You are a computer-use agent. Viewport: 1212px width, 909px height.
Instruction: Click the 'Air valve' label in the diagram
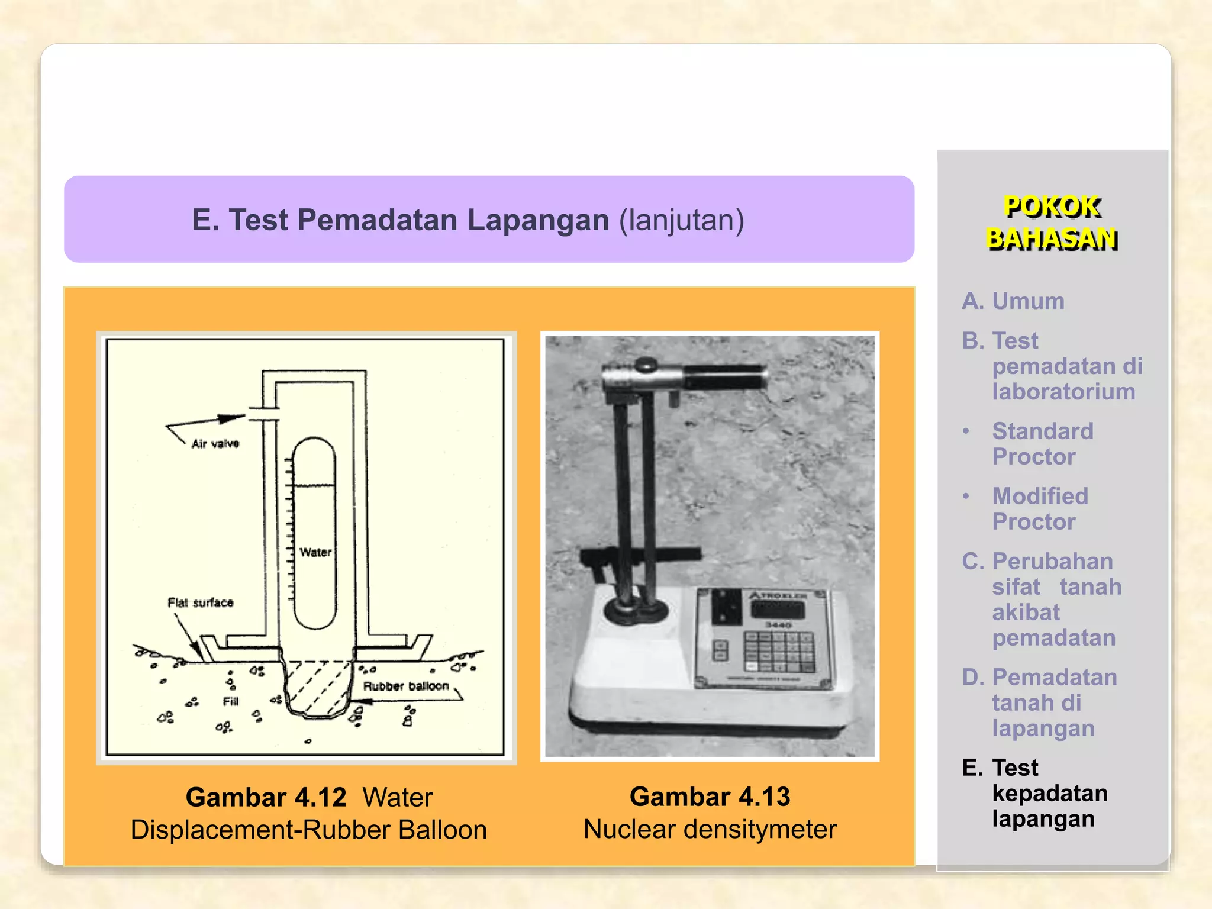point(215,444)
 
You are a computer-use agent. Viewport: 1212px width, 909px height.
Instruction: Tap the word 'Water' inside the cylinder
point(315,553)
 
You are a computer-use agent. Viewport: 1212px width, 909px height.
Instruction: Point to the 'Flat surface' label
point(201,603)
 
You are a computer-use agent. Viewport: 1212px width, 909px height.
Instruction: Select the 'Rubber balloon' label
point(406,686)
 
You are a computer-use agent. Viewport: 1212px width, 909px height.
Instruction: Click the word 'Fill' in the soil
point(231,702)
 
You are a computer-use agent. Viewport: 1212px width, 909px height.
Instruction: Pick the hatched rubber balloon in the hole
point(317,686)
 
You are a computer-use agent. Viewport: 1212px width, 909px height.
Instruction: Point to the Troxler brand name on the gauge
point(779,595)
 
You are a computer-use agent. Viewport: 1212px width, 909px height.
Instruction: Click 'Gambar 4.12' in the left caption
point(266,798)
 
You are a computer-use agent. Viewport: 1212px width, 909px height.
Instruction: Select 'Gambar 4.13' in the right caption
point(710,797)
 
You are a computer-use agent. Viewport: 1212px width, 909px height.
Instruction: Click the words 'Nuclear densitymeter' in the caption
point(710,830)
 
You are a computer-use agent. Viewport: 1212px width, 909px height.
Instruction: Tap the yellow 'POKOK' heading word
point(1052,207)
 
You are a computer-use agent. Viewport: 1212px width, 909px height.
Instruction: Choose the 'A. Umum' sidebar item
point(1013,301)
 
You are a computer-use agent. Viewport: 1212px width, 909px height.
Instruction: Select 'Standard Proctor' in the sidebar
point(1042,444)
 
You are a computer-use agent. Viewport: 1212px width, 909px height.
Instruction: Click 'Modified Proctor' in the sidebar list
point(1040,509)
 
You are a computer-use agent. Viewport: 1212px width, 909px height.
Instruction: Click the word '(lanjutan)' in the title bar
point(682,220)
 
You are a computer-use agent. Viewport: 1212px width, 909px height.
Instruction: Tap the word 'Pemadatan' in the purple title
point(377,220)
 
